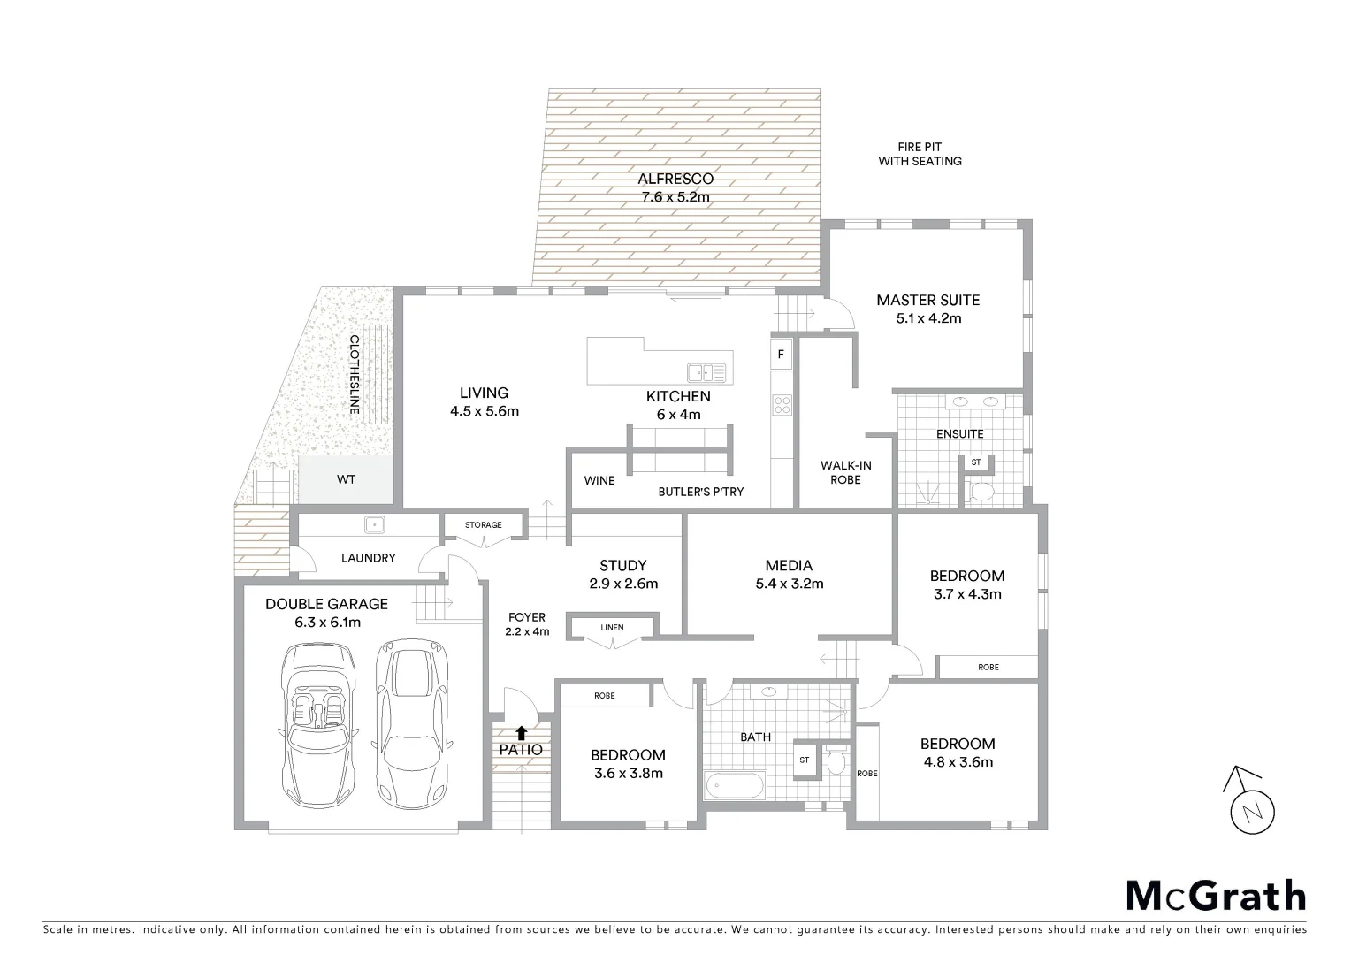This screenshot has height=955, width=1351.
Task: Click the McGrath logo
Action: coord(1215,896)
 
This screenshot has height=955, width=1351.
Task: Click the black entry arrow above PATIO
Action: coord(522,732)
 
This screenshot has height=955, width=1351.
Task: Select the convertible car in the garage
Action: coord(317,724)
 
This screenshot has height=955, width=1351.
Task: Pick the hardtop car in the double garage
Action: coord(412,724)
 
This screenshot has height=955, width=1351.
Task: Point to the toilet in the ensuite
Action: coord(981,491)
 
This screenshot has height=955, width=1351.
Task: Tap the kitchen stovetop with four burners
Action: coord(782,405)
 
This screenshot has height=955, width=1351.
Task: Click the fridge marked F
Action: coord(781,355)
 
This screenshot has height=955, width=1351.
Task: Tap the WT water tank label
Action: coord(346,479)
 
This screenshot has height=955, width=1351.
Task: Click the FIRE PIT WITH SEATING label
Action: coord(920,155)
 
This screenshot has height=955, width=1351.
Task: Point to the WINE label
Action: coord(599,481)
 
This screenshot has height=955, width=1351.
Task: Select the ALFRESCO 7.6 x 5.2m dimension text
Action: coord(675,197)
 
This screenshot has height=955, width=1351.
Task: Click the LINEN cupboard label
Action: coord(612,628)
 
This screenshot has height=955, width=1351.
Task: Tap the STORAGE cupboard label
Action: coord(483,525)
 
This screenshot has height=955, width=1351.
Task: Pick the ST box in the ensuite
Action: coord(976,462)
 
